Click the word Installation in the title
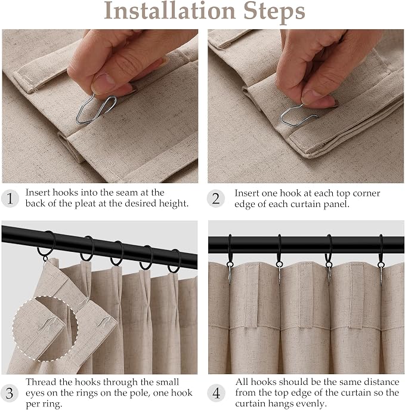click(x=169, y=11)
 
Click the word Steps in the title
click(x=274, y=13)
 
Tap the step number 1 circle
click(x=10, y=199)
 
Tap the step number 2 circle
click(x=216, y=199)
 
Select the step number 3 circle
click(x=10, y=393)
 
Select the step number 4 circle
click(x=216, y=393)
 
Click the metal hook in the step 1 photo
click(x=96, y=109)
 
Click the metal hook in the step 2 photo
click(x=298, y=116)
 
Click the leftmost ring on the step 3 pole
click(x=47, y=245)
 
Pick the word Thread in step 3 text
click(x=41, y=382)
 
